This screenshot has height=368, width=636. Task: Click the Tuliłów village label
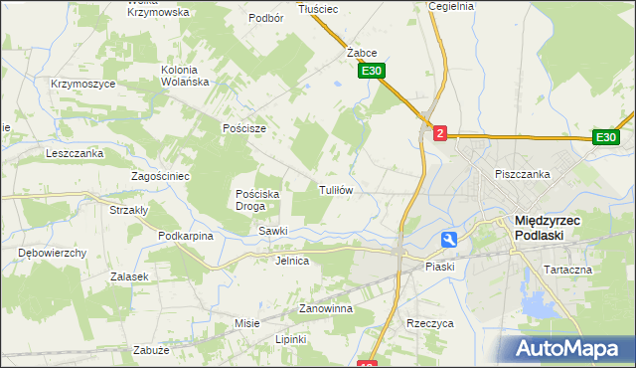pos(335,189)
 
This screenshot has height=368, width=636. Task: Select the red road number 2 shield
pos(440,132)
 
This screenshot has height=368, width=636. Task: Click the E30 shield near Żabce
pos(371,72)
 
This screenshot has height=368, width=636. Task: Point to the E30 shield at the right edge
pos(607,138)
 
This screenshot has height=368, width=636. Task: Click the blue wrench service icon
pos(450,239)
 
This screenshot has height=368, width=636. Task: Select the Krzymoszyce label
pos(83,85)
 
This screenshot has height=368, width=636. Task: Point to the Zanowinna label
pos(326,309)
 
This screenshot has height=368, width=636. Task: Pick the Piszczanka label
pos(523,174)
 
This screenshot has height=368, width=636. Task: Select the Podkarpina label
pos(186,236)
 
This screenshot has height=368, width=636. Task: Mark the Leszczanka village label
pos(75,154)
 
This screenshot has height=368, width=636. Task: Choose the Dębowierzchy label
pos(53,253)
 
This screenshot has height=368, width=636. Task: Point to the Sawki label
pos(273,231)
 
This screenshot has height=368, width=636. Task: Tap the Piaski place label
pos(439,267)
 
